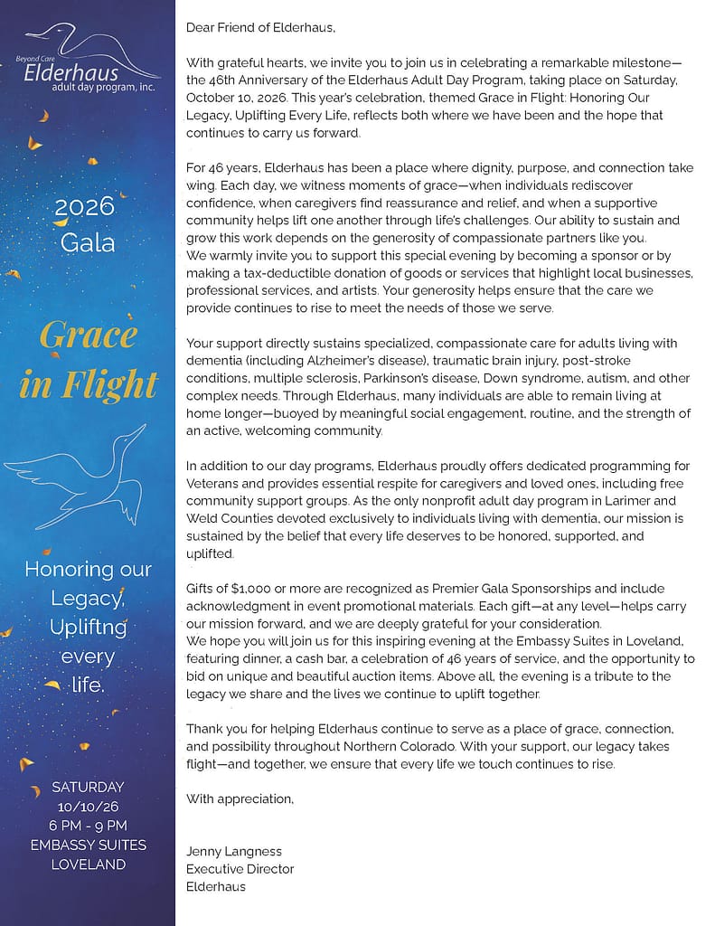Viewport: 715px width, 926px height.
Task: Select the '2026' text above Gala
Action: tap(88, 207)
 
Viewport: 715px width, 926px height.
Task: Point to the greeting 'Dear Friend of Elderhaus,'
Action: tap(260, 27)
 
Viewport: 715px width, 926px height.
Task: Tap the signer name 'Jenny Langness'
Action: tap(234, 851)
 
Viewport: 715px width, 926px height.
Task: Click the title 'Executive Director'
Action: tap(240, 869)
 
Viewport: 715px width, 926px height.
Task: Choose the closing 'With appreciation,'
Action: tap(240, 798)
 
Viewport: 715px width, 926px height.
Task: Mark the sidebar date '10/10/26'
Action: tap(88, 806)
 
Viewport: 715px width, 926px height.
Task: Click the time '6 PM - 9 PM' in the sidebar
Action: tap(88, 825)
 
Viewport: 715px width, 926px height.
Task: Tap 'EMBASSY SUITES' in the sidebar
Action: tap(88, 845)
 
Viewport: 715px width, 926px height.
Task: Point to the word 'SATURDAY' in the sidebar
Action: tap(88, 786)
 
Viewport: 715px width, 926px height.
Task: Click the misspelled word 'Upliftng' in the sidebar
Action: tap(88, 627)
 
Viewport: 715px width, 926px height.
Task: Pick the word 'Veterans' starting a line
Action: tap(212, 483)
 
